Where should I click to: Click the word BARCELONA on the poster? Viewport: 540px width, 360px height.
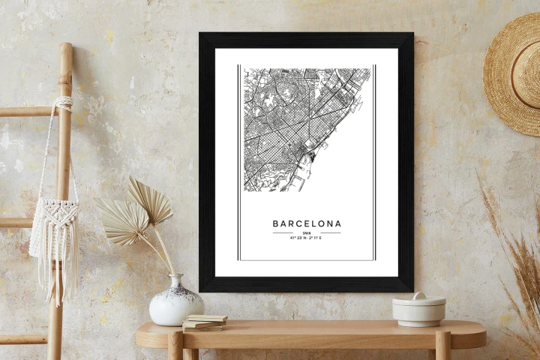(306, 223)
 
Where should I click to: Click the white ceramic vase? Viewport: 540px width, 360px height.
(176, 304)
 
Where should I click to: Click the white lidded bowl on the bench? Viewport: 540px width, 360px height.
(418, 310)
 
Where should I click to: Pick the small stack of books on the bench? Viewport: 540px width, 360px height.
(204, 322)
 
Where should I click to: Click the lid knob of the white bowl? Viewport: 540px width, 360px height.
(418, 295)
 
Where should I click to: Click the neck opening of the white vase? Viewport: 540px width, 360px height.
(177, 277)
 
